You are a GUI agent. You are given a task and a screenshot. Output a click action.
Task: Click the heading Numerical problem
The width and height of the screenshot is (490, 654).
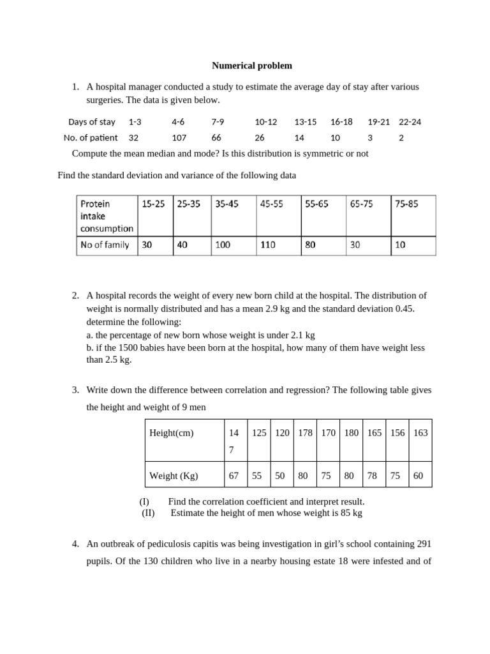[252, 65]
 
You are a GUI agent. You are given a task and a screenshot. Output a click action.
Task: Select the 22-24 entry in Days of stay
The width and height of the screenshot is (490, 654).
[410, 121]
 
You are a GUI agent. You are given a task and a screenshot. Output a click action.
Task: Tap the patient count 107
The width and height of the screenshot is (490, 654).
[178, 137]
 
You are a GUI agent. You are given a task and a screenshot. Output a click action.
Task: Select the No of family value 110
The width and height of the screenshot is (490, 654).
[268, 245]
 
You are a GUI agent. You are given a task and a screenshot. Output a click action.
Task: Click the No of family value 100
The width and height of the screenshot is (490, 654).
[223, 245]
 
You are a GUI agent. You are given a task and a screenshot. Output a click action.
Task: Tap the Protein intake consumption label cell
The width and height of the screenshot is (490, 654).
[107, 216]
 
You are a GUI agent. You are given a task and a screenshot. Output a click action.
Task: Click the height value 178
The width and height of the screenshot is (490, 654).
[305, 432]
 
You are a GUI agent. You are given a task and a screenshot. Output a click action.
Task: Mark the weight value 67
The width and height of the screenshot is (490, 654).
[233, 476]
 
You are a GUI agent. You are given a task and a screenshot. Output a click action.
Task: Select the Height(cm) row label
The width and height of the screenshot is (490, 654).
[171, 432]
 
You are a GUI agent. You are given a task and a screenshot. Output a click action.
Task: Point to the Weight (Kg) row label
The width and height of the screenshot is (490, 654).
[174, 476]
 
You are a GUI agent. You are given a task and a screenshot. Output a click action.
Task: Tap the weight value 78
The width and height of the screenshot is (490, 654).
[374, 476]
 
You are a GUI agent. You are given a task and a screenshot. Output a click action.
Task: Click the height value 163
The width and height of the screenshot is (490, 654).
[420, 432]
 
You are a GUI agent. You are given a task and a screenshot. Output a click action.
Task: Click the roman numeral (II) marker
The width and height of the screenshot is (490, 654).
[148, 513]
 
